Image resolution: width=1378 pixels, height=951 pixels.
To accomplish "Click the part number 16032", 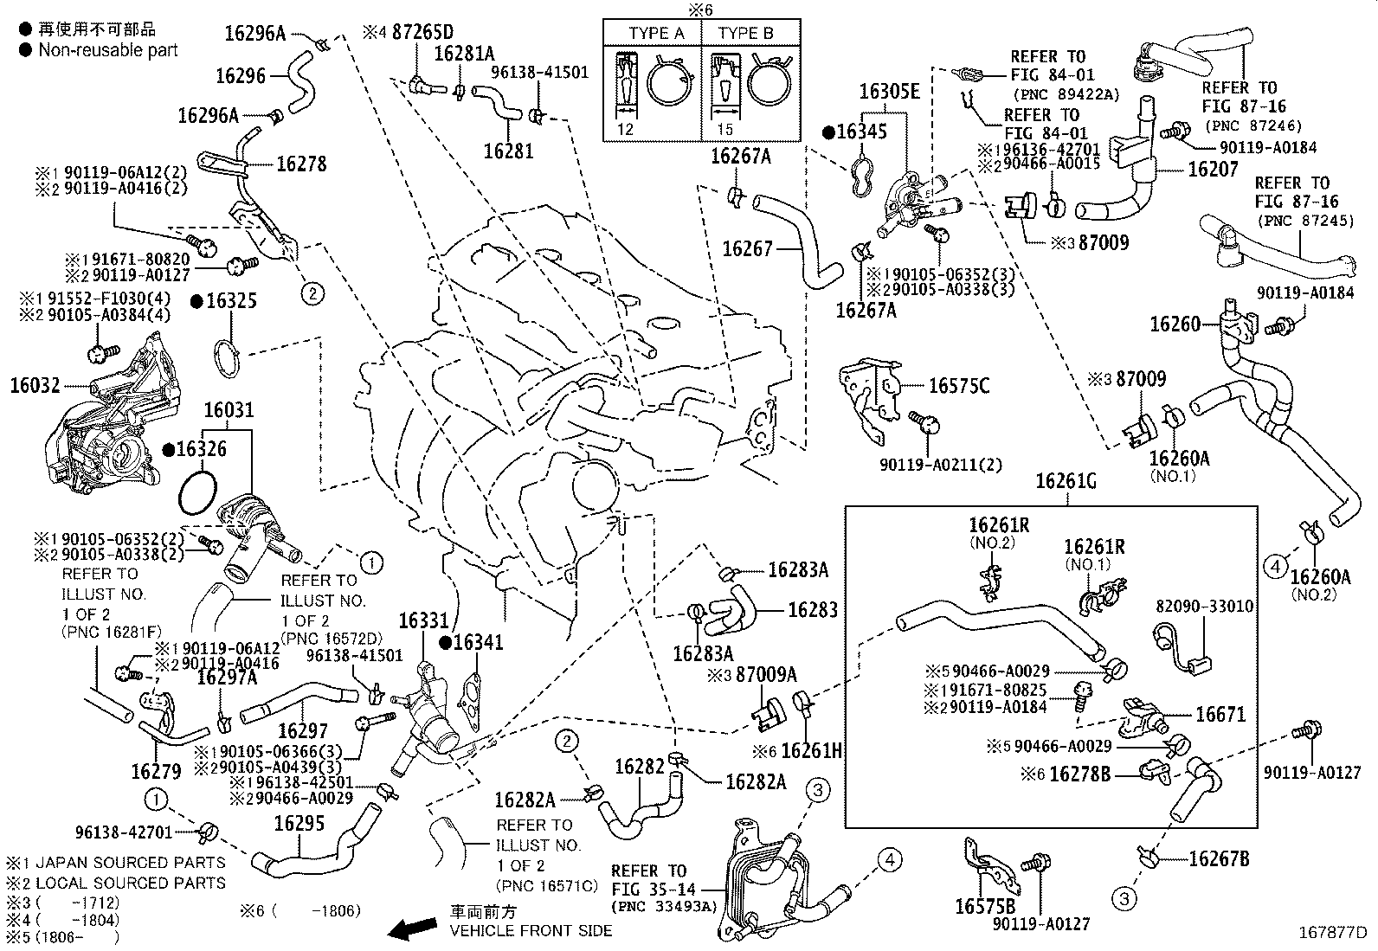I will click(33, 385).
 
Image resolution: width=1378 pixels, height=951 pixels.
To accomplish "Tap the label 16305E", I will click(889, 91).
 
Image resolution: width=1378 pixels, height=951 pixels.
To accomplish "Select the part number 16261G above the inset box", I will click(1065, 481).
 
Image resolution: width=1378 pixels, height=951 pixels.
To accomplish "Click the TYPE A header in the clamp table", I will click(656, 34).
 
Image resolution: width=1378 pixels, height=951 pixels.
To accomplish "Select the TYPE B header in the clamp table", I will click(745, 34).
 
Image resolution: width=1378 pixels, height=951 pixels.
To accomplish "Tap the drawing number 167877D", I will click(1331, 933).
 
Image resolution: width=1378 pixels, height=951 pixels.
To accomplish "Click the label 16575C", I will click(958, 386).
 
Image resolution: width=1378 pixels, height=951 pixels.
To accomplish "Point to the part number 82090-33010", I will click(1204, 607).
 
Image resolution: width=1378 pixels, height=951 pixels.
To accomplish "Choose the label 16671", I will click(1220, 715).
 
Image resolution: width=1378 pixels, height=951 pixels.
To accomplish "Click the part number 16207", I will click(1213, 170).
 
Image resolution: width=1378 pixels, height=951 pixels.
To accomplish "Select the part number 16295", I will click(299, 823).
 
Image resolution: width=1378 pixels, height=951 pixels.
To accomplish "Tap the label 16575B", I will click(985, 906).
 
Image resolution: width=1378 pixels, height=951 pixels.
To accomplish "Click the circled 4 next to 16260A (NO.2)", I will click(1275, 567).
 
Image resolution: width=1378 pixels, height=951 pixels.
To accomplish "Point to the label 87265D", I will click(422, 32).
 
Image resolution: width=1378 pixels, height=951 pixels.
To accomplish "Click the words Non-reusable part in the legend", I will click(107, 50).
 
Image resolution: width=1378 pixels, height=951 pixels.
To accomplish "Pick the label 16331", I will click(424, 621).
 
